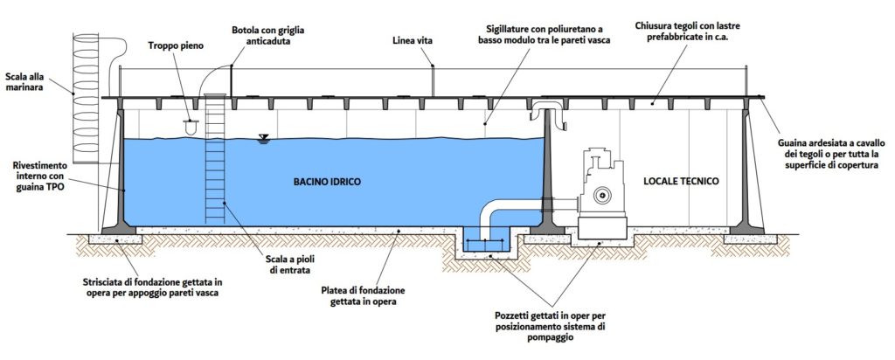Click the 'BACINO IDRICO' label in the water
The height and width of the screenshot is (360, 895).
tap(327, 182)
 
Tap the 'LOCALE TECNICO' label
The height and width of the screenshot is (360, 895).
tap(680, 182)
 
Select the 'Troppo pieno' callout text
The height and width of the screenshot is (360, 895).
tap(176, 45)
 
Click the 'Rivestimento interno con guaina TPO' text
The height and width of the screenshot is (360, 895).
tap(41, 176)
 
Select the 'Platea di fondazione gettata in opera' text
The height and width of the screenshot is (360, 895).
tap(368, 296)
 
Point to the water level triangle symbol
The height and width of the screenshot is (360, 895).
tap(263, 138)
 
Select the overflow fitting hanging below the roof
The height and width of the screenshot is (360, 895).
tap(189, 126)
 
